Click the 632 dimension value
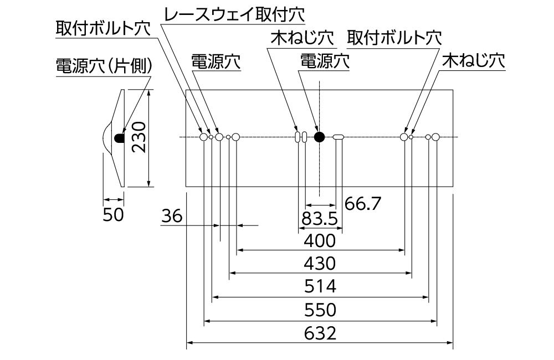point(320,334)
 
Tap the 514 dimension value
point(320,286)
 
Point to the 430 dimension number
point(320,263)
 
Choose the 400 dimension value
point(320,240)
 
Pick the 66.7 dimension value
point(363,204)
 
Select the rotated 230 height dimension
point(140,138)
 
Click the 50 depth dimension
point(113,215)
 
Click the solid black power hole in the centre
point(319,137)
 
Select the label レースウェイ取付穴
point(233,16)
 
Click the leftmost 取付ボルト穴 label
point(102,28)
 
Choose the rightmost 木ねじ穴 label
point(473,60)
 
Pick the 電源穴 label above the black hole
point(325,61)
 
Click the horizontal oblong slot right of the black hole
point(338,137)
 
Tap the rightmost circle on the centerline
point(435,137)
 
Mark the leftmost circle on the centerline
point(203,137)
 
